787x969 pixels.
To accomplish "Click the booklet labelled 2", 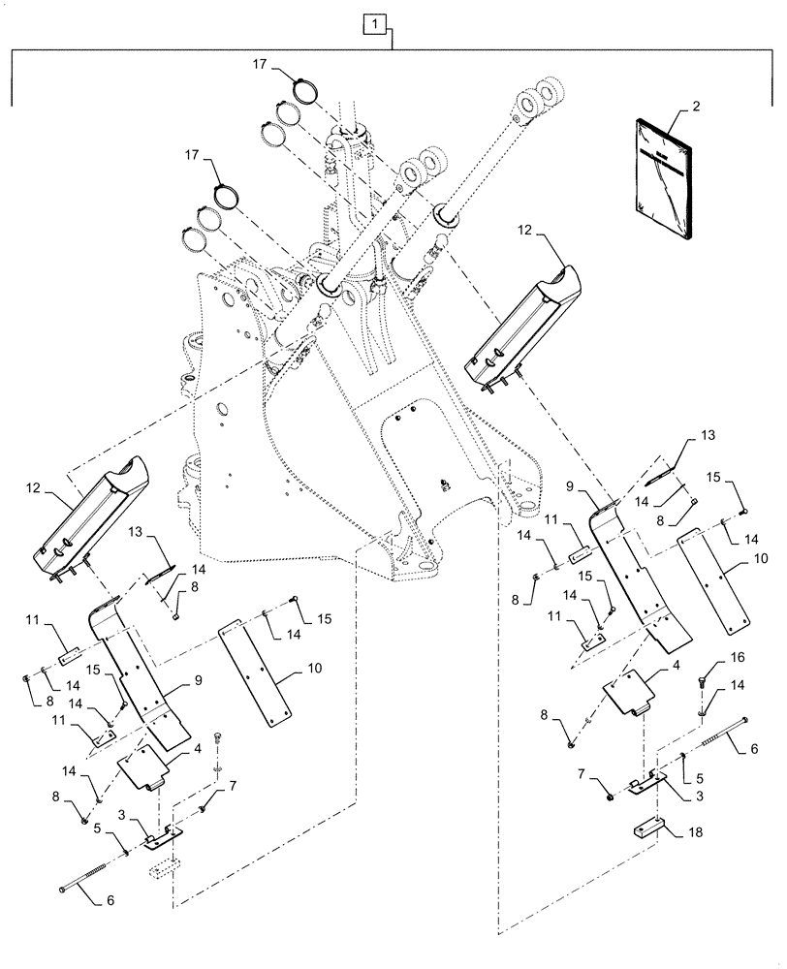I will point(665,178).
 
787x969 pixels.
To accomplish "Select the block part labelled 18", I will point(649,831).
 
